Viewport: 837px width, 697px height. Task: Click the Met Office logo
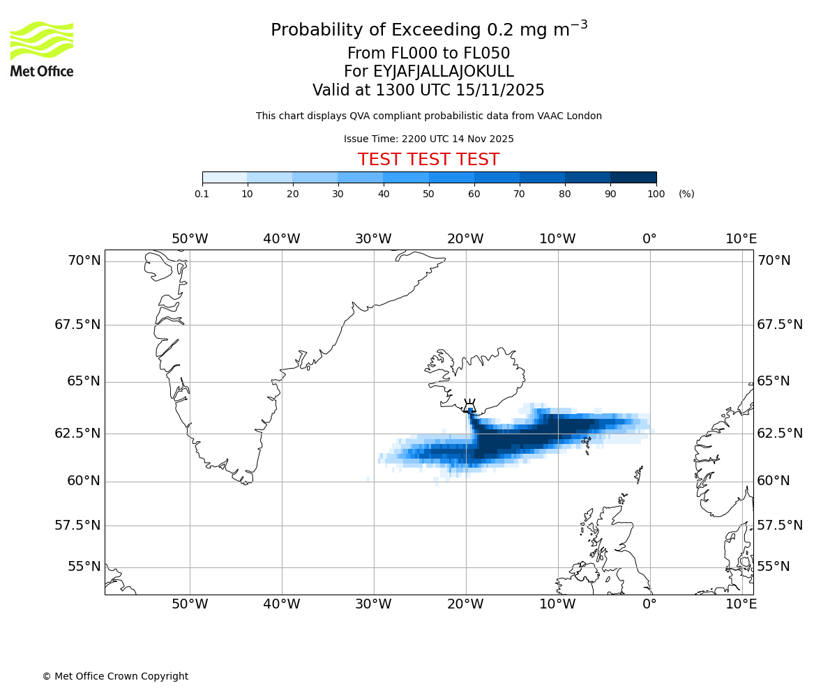tap(42, 49)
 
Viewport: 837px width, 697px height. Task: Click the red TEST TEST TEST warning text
tap(428, 160)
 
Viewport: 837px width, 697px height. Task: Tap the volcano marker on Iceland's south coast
tap(469, 406)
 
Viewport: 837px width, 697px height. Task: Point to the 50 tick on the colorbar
tap(429, 194)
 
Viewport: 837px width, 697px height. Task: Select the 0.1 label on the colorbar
tap(202, 194)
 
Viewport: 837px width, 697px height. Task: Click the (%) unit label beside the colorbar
tap(686, 194)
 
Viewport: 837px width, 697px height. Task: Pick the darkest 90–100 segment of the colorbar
tap(633, 177)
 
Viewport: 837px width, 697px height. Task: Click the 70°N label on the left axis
tap(84, 261)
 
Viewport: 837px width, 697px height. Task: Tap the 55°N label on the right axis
tap(774, 566)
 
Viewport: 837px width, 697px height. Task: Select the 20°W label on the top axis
tap(465, 239)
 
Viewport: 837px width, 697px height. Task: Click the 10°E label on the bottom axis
tap(741, 604)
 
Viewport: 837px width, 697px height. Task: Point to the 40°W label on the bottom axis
tap(282, 604)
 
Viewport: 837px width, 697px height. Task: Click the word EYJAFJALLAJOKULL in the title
tap(444, 72)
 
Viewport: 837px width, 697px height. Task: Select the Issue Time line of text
tap(428, 139)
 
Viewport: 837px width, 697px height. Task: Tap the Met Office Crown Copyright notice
tap(115, 676)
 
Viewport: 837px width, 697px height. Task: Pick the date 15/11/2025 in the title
tap(500, 91)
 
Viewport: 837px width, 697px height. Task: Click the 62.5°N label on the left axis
tap(77, 433)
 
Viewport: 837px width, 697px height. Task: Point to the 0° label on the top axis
tap(649, 239)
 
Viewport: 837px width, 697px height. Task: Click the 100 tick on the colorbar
tap(656, 194)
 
